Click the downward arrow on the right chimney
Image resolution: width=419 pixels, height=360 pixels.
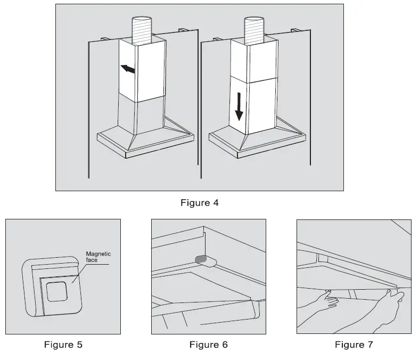(239, 107)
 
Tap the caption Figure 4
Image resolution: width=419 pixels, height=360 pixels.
(200, 202)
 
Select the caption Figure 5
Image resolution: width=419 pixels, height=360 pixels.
(63, 345)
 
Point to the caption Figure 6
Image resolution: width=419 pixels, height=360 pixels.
(208, 345)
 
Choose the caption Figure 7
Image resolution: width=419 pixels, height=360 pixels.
(354, 345)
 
